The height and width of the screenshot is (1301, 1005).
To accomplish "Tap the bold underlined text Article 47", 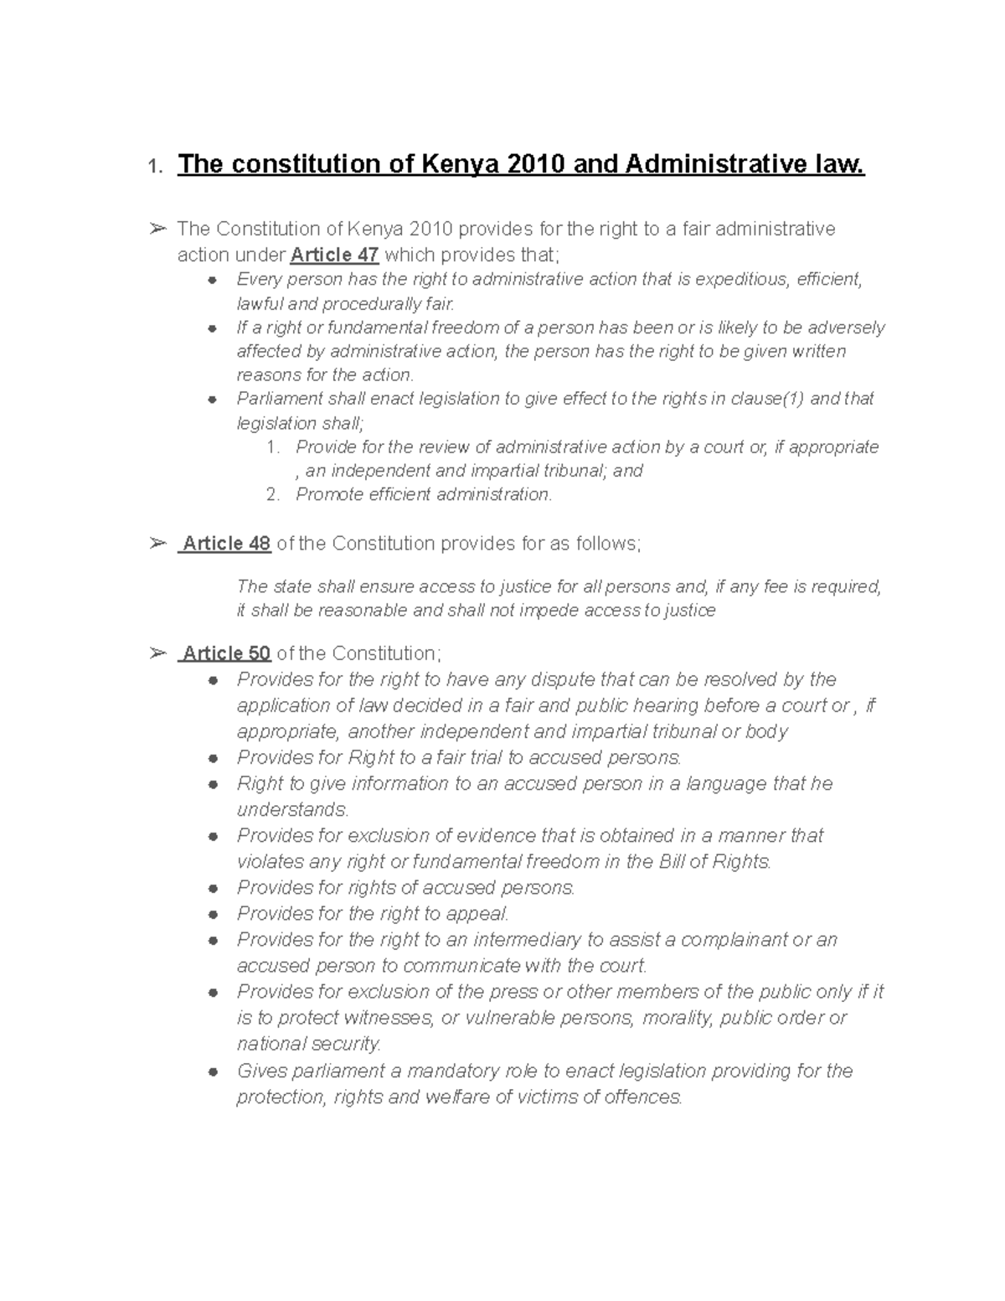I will click(334, 255).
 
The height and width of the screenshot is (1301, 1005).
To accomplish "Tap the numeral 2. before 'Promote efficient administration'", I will click(273, 494).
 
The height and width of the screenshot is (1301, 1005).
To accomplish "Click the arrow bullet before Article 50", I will click(157, 653).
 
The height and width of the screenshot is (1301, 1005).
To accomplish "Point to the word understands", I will click(291, 810).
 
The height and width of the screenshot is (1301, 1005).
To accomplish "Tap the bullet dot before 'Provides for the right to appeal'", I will click(214, 915).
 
